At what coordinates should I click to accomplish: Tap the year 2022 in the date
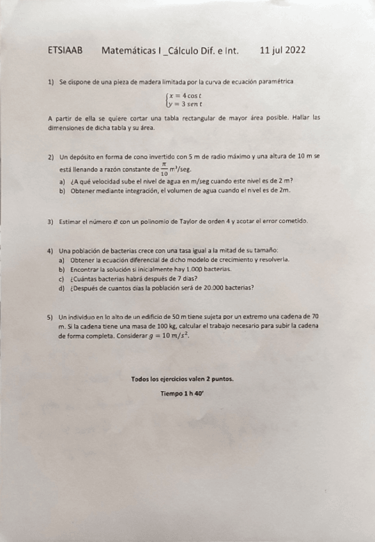[x=295, y=50]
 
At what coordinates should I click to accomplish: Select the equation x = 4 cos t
[x=185, y=95]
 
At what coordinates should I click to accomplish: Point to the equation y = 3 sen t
[x=185, y=103]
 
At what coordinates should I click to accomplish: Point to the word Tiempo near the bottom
[x=171, y=394]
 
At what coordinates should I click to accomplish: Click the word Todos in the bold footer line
[x=142, y=378]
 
